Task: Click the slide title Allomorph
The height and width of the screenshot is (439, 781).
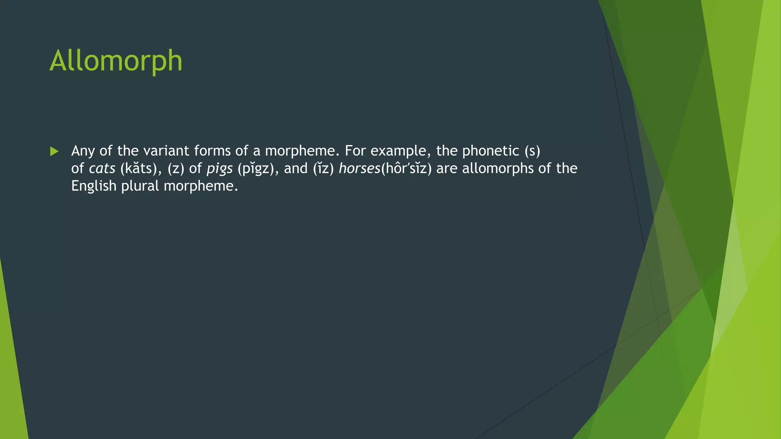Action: [x=116, y=61]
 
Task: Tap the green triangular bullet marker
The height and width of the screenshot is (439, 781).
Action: [x=54, y=152]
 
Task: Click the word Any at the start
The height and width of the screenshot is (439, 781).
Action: [x=83, y=151]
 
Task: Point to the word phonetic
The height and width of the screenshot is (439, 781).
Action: [x=490, y=151]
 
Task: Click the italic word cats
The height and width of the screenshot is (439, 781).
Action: [x=102, y=168]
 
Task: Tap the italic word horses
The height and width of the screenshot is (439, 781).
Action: [x=359, y=168]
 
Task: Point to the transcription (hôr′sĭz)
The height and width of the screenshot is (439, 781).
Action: [x=406, y=168]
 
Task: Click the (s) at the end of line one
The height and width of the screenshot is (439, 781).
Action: [x=532, y=151]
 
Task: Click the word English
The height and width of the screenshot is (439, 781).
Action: [x=93, y=186]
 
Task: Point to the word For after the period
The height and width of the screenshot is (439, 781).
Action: [x=355, y=151]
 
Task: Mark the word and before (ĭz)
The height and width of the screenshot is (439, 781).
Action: [x=296, y=168]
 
